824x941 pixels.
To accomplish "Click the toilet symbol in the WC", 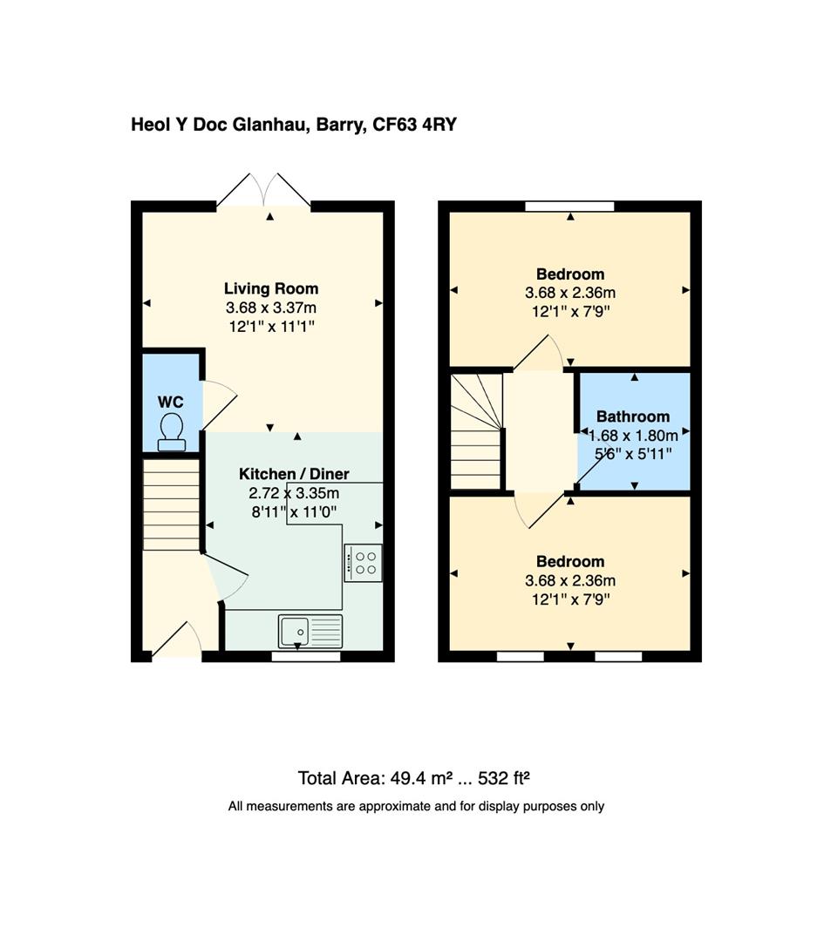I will [171, 431].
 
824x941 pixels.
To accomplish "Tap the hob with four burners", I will [363, 563].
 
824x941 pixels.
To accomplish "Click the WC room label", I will [171, 402].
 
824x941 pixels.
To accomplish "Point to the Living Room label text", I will [271, 288].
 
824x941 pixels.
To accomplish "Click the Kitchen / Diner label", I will [294, 474].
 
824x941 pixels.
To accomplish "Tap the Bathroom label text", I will [633, 416].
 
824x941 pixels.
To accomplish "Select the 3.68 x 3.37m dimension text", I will [271, 308].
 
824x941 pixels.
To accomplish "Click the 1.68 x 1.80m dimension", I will [633, 435].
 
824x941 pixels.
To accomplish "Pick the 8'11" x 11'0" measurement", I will [294, 512].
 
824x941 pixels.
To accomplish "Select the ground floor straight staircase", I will [171, 505].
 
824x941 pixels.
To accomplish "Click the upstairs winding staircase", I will [476, 430].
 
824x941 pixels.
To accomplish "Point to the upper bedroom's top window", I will [569, 206].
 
